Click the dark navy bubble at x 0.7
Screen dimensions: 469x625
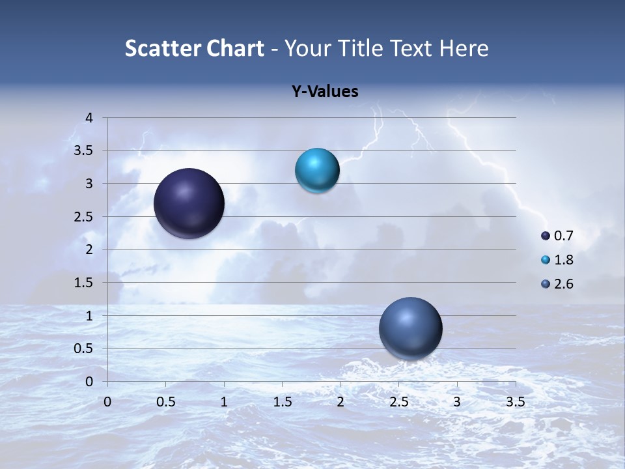tap(189, 203)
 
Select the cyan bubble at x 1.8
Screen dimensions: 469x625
tap(317, 171)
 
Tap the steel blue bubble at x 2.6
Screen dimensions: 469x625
tap(410, 328)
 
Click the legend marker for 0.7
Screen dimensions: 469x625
tap(546, 236)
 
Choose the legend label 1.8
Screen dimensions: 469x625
tap(563, 260)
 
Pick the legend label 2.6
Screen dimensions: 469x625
tap(563, 284)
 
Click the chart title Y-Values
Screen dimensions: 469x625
tap(325, 92)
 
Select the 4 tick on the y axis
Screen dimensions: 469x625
tap(90, 118)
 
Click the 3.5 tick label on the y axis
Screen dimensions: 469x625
tap(85, 151)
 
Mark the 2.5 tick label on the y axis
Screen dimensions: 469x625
tap(85, 217)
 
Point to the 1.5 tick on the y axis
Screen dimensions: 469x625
tap(85, 283)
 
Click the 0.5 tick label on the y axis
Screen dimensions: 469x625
tap(85, 348)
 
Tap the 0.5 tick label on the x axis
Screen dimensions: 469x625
tap(166, 402)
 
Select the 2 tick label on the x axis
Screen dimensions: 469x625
tap(340, 402)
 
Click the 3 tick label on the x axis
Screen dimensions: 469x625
tap(457, 402)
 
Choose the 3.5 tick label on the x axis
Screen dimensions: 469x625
tap(515, 402)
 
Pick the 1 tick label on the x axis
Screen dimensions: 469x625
tap(224, 402)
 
